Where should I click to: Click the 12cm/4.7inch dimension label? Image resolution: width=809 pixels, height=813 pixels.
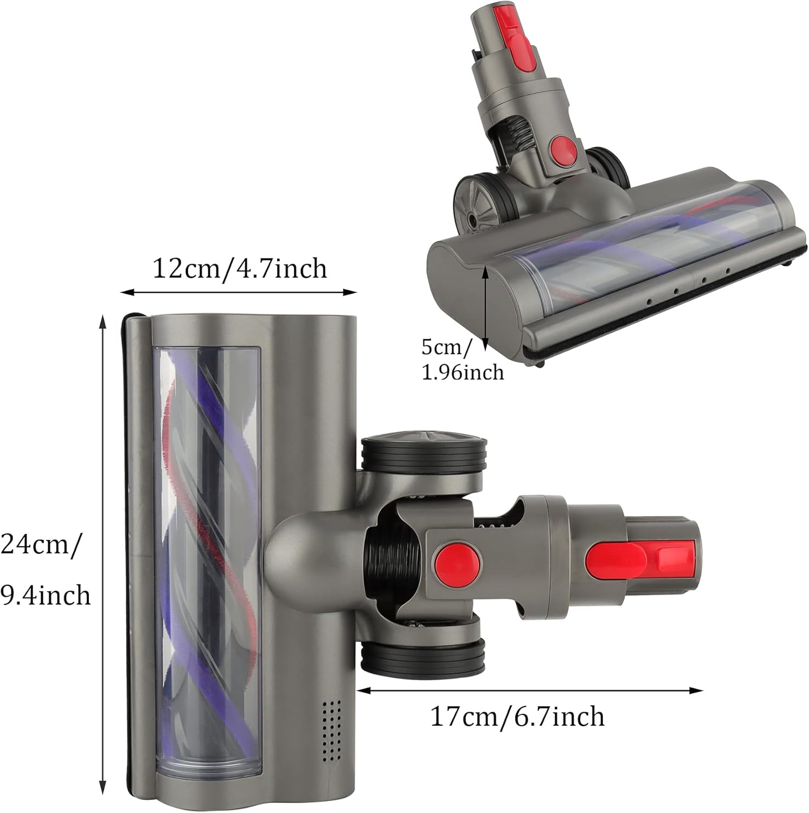click(x=240, y=268)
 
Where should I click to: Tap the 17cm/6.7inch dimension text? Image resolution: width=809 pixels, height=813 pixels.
click(x=517, y=717)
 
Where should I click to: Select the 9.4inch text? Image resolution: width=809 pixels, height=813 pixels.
click(x=46, y=595)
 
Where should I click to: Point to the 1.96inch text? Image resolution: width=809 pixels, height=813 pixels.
click(x=463, y=372)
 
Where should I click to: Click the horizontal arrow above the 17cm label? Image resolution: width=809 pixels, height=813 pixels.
click(x=530, y=691)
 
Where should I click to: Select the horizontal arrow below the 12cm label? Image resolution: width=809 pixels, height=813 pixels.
click(x=239, y=292)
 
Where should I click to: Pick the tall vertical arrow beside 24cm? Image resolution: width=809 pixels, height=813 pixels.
click(x=102, y=556)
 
